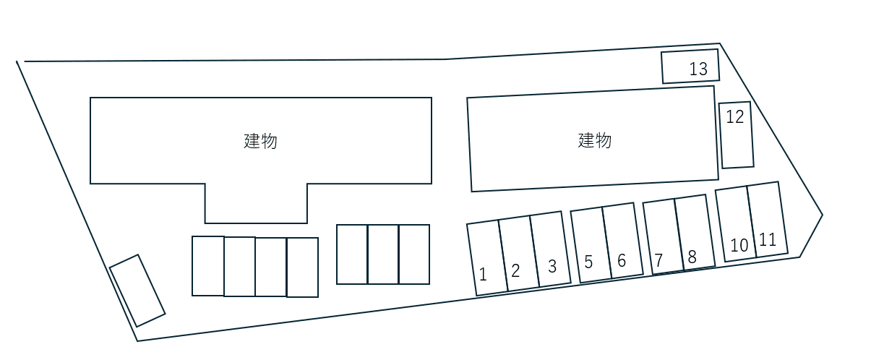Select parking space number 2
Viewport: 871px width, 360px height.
coord(519,254)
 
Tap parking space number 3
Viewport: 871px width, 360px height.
coord(551,249)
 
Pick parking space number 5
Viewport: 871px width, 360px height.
coord(591,245)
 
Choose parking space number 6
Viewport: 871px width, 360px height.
coord(623,241)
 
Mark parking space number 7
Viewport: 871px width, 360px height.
coord(664,236)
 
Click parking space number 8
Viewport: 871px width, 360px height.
coord(695,232)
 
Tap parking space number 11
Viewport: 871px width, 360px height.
coord(768,220)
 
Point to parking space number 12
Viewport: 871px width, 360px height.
coord(737,135)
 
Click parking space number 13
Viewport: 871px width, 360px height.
coord(690,66)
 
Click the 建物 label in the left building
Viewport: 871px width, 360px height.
coord(260,141)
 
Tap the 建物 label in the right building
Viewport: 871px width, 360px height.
coord(595,140)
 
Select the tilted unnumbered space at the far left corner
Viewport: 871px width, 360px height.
coord(137,291)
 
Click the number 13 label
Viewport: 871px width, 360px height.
coord(698,69)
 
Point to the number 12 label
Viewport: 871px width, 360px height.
coord(735,116)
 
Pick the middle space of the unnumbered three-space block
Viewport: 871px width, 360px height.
coord(383,254)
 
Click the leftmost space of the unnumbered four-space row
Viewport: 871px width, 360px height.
coord(208,266)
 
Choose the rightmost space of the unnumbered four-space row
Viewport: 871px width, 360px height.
coord(303,267)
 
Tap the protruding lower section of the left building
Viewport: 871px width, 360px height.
coord(257,203)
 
